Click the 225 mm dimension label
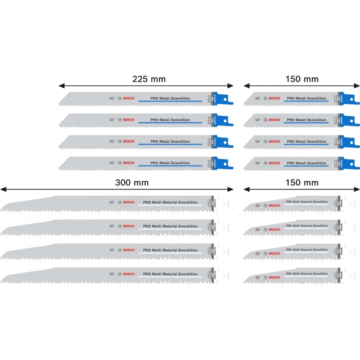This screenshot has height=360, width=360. pos(149,79)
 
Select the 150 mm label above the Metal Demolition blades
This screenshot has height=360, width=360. pos(302,79)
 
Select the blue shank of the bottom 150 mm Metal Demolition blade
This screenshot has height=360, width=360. pos(344,163)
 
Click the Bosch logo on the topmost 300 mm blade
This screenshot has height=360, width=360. pos(128,204)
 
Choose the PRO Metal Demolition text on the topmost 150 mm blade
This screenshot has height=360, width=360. pos(307,97)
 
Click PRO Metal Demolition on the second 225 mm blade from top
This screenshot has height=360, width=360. pos(170,120)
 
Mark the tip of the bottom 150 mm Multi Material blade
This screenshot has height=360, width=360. pos(247,279)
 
